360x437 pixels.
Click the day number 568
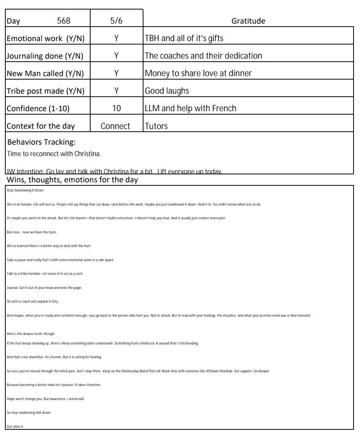[64, 21]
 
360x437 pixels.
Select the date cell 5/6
[116, 21]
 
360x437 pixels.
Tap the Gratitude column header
[248, 21]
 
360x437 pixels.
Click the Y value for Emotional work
[116, 38]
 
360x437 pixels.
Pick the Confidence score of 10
[116, 108]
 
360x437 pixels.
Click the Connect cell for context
[115, 126]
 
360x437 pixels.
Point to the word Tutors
[156, 126]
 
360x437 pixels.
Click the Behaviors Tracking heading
[41, 142]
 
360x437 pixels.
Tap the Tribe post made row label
[45, 91]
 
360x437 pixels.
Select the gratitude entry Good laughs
[167, 91]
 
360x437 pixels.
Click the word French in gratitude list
[224, 108]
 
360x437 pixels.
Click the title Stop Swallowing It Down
[25, 190]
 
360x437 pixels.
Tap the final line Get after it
[15, 427]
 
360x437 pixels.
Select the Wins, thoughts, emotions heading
[72, 180]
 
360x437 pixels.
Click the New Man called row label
[45, 73]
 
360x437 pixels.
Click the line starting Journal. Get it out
[44, 288]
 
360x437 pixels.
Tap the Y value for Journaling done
[116, 56]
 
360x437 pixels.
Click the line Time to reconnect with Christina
[54, 154]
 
